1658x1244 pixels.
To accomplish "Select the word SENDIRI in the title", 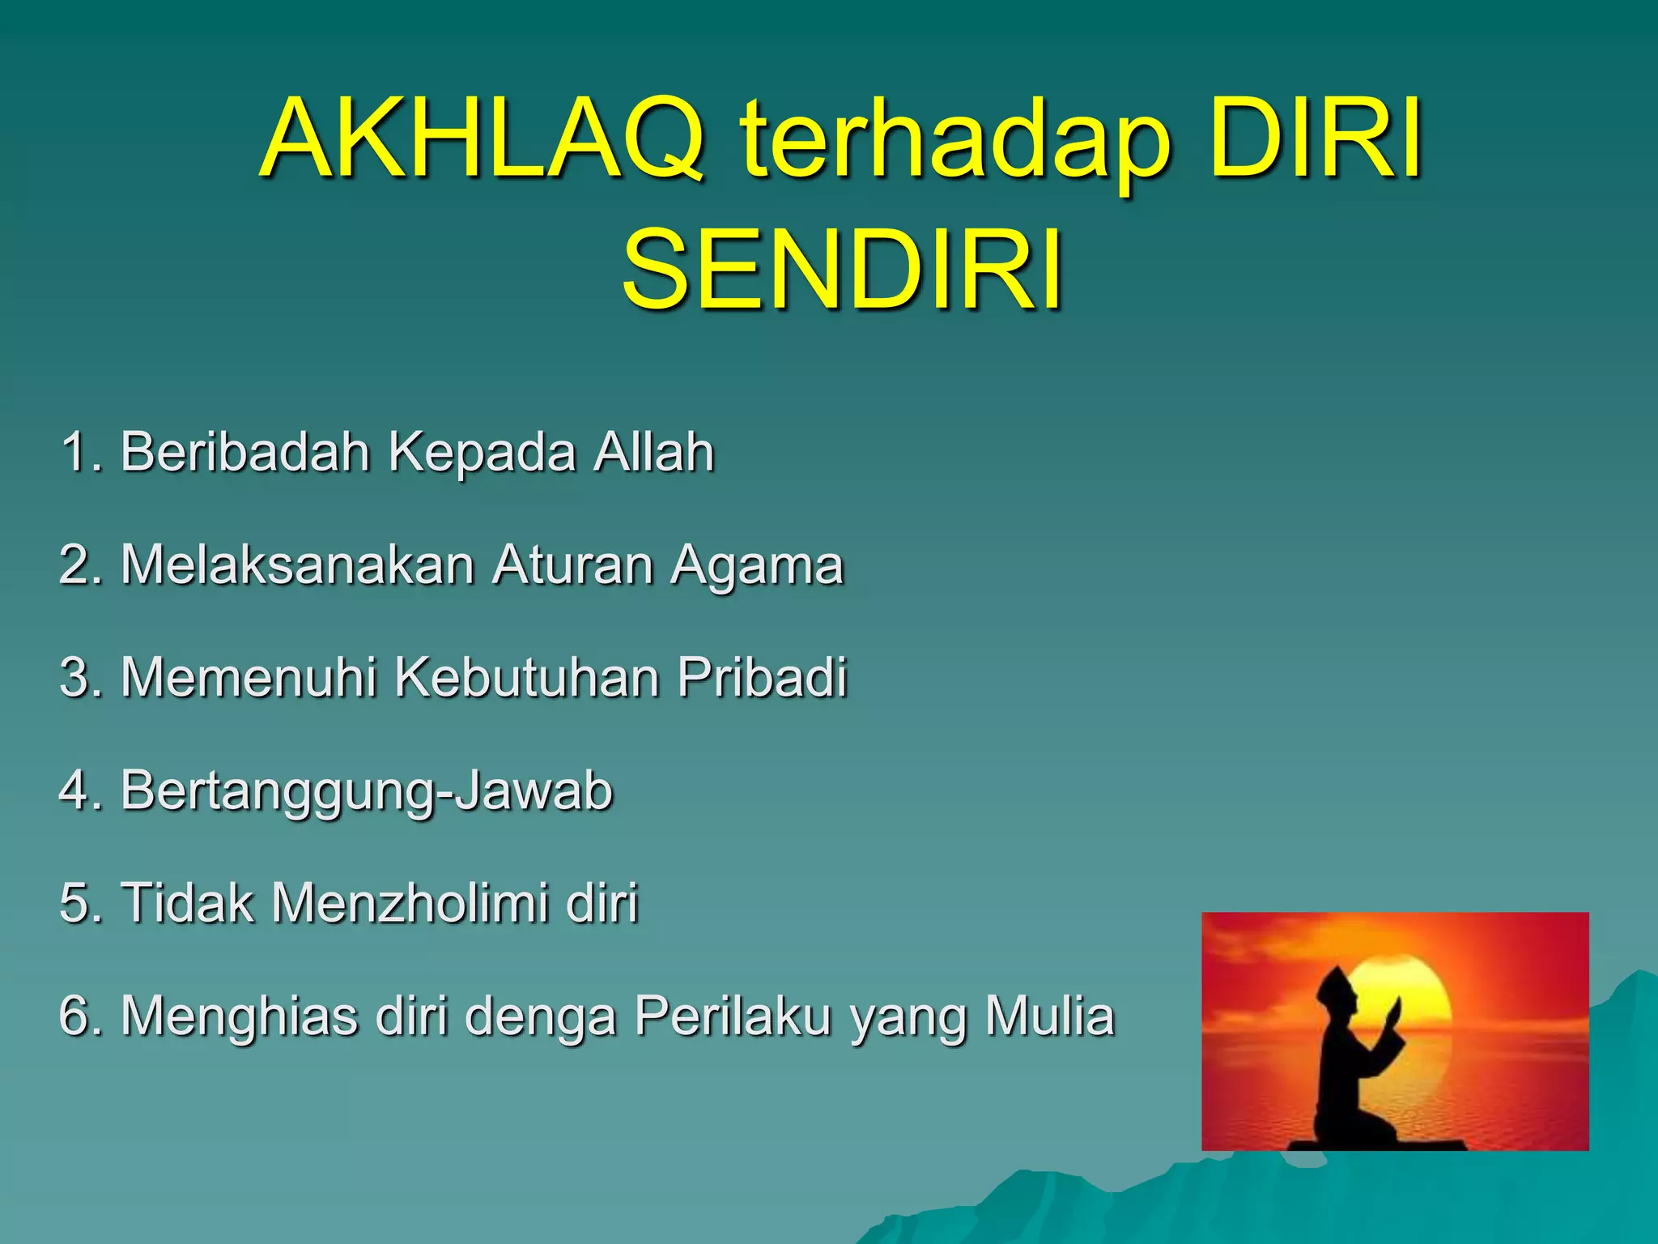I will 842,269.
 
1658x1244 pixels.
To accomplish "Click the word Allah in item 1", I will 653,451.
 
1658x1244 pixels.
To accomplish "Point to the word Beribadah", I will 245,451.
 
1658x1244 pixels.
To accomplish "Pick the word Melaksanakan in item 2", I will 297,564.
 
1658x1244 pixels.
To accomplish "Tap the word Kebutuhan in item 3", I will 526,677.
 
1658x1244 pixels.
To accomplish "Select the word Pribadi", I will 762,677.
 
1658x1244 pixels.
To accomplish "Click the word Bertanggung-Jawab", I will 366,791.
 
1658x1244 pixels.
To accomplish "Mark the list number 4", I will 76,790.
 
